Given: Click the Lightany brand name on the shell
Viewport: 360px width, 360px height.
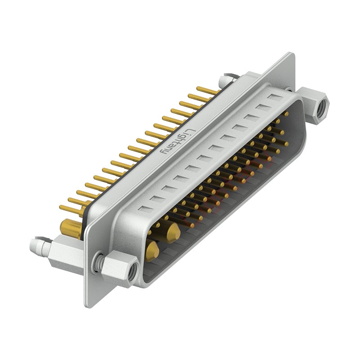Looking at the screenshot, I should pos(178,142).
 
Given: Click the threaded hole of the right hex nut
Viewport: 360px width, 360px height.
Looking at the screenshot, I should pos(321,109).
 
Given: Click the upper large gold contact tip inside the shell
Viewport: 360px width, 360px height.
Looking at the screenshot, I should pos(173,233).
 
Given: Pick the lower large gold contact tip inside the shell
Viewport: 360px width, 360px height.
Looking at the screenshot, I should pos(152,251).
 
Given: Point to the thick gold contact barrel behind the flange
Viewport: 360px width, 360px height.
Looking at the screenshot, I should pos(71,228).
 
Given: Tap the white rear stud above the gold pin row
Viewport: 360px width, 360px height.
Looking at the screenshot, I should pos(226,81).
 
